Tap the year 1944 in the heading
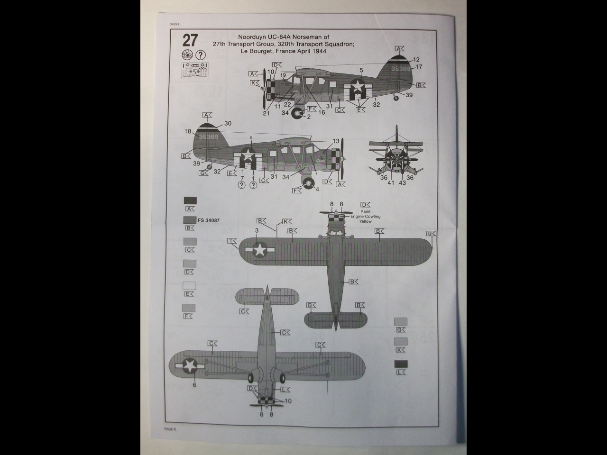(x=319, y=51)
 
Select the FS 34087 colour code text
(x=209, y=220)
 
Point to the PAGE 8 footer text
(x=170, y=428)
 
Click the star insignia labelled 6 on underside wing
(x=190, y=365)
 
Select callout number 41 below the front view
(x=391, y=183)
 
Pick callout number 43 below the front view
(x=402, y=183)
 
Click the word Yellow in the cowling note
(x=365, y=221)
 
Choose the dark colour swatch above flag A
(x=190, y=200)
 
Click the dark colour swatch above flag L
(x=401, y=364)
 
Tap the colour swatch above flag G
(x=401, y=321)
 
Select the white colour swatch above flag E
(x=190, y=286)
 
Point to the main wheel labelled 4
(x=309, y=183)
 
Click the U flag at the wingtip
(x=431, y=234)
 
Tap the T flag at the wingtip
(x=232, y=241)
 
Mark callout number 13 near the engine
(x=336, y=141)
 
